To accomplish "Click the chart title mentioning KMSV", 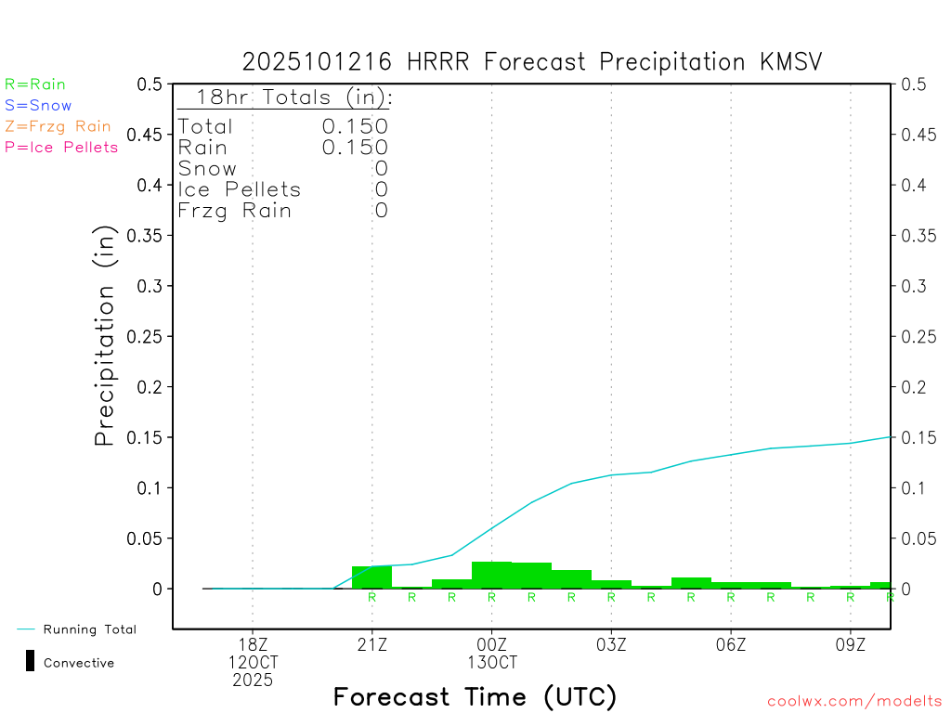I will [532, 62].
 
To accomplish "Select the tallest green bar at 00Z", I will [491, 576].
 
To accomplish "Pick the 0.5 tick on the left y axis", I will [150, 84].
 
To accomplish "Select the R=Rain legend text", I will [35, 84].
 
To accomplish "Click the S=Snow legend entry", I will [38, 106].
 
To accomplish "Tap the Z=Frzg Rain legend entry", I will [58, 126].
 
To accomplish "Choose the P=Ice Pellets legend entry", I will [61, 147].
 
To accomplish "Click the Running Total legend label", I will [89, 629].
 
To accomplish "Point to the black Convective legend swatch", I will [30, 662].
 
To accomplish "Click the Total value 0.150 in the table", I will [355, 126].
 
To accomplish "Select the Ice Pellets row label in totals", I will [240, 189].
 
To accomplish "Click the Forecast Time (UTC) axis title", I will [475, 696].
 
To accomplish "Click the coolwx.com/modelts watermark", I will [854, 702].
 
